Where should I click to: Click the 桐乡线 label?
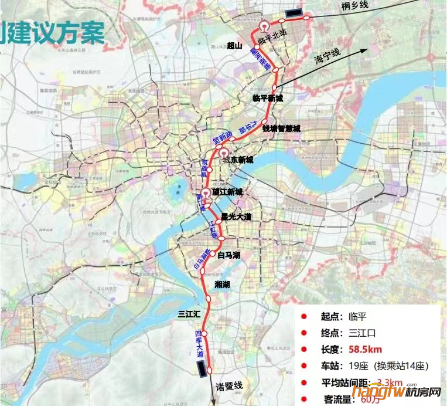(x=356, y=6)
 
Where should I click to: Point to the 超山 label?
(x=235, y=45)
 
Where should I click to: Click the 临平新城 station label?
(x=267, y=99)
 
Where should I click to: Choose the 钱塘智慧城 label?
(x=281, y=128)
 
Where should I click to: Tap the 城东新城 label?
(x=237, y=160)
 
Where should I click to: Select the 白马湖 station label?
(x=229, y=255)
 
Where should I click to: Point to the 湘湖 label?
(x=223, y=284)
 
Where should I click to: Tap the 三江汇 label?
(x=189, y=314)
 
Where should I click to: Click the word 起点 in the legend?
(x=331, y=317)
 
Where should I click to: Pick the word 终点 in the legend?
(x=331, y=333)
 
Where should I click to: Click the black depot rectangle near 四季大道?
(x=202, y=368)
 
